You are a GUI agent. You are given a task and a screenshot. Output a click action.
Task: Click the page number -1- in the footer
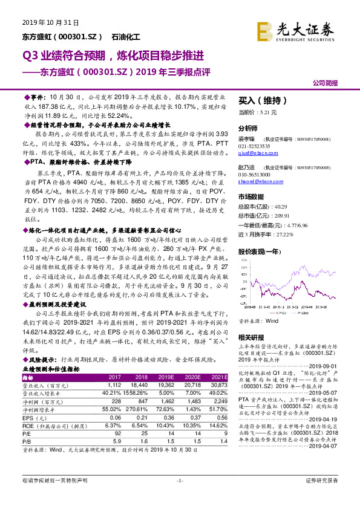coord(179,496)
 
